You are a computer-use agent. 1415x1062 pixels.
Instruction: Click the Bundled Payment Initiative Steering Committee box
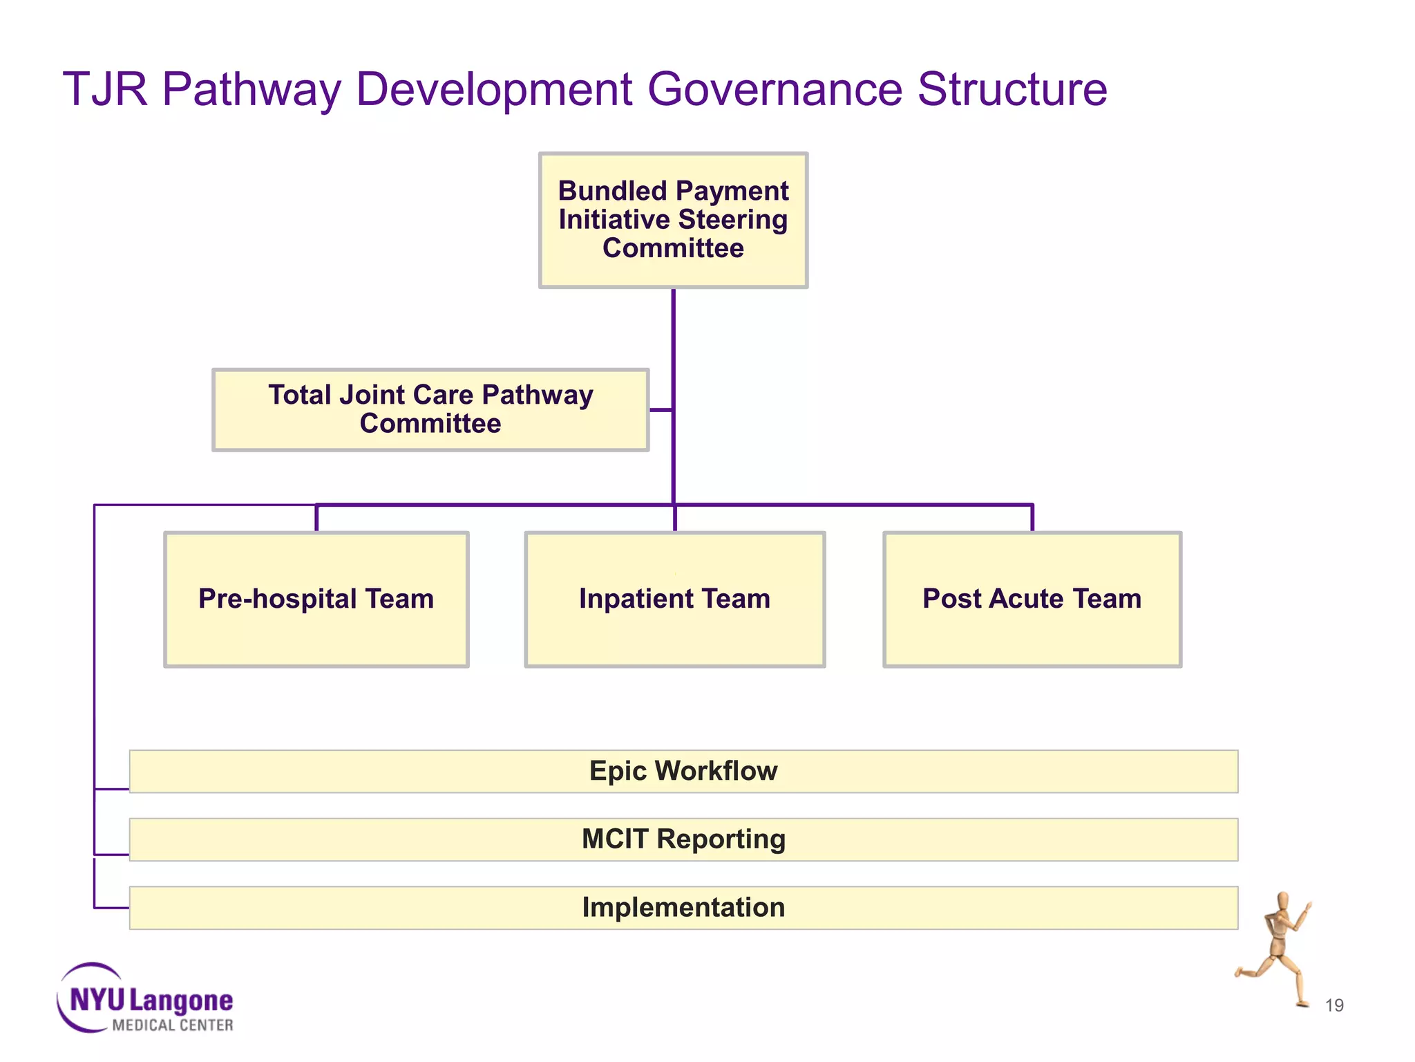(673, 220)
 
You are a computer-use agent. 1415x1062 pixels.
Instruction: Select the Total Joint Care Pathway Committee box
(430, 409)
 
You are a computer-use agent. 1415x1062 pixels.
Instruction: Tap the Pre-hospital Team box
(316, 599)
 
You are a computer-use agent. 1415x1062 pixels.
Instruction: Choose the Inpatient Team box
(674, 599)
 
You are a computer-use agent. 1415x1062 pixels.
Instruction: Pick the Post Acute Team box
(1032, 599)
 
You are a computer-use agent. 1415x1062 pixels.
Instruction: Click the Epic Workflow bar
(683, 771)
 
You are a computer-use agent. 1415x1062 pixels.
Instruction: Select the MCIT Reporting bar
(683, 839)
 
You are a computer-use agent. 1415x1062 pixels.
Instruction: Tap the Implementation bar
(683, 907)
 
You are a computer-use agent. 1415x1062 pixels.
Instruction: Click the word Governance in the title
(775, 89)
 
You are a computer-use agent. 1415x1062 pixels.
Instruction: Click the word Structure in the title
(1012, 89)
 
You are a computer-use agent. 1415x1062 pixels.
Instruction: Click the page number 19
(1333, 1005)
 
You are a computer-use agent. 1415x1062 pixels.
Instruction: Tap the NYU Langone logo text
(151, 1000)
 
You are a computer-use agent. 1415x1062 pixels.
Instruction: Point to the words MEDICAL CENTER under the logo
(172, 1025)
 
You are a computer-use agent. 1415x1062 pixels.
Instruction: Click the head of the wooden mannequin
(1282, 902)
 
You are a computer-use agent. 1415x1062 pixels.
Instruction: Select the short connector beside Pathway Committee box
(661, 409)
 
